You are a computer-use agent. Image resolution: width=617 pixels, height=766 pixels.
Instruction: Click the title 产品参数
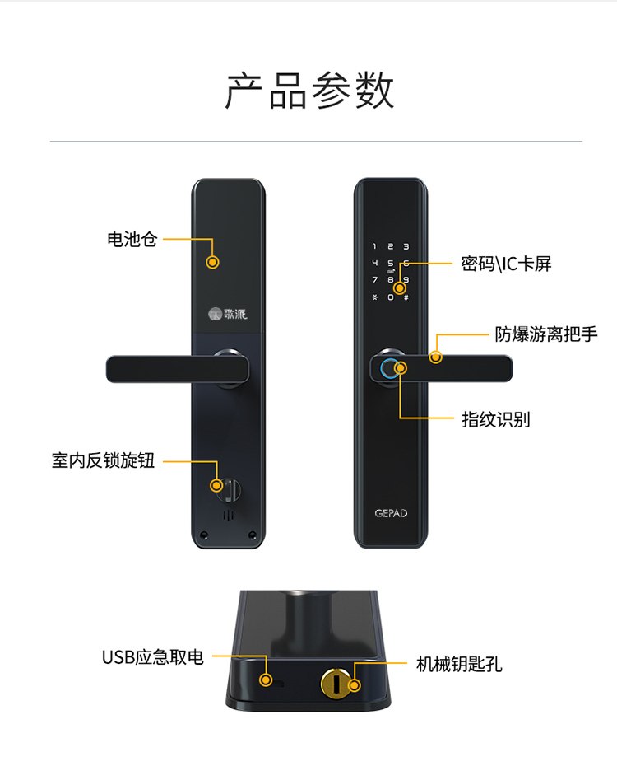pyautogui.click(x=309, y=91)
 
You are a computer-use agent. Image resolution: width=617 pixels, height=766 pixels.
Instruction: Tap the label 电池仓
pyautogui.click(x=132, y=239)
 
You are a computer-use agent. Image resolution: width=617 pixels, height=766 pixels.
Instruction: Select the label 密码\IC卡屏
pyautogui.click(x=506, y=264)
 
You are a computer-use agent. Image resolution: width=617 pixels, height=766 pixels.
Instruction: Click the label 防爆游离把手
pyautogui.click(x=546, y=334)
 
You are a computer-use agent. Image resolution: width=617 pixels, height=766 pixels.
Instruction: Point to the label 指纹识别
pyautogui.click(x=496, y=419)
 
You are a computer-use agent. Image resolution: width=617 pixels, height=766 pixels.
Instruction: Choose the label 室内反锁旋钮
pyautogui.click(x=103, y=460)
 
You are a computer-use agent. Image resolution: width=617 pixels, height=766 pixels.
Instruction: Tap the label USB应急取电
pyautogui.click(x=153, y=657)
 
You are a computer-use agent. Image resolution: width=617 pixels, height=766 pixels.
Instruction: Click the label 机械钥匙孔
pyautogui.click(x=459, y=664)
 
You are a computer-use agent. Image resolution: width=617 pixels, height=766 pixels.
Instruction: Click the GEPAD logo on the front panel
pyautogui.click(x=391, y=513)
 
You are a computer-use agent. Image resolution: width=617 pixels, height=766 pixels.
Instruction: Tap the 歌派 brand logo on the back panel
pyautogui.click(x=228, y=314)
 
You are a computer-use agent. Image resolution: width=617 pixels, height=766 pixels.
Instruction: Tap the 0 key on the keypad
pyautogui.click(x=390, y=297)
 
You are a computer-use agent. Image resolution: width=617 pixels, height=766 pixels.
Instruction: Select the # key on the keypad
pyautogui.click(x=406, y=297)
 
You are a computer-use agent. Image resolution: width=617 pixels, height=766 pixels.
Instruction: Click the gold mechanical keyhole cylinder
pyautogui.click(x=335, y=683)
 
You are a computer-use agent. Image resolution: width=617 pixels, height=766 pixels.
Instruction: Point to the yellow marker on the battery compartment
pyautogui.click(x=212, y=262)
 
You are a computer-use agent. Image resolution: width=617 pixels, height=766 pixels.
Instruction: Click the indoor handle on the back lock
pyautogui.click(x=178, y=369)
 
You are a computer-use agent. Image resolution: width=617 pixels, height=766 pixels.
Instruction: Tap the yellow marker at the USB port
pyautogui.click(x=266, y=679)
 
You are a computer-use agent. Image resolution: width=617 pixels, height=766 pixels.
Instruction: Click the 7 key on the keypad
pyautogui.click(x=374, y=279)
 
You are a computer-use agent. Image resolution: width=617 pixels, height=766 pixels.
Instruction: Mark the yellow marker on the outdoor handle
pyautogui.click(x=435, y=357)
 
